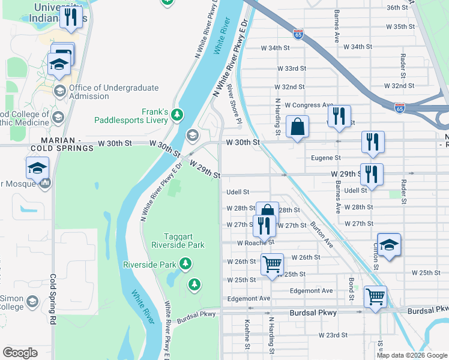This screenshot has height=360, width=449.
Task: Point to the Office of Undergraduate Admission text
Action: [x=114, y=92]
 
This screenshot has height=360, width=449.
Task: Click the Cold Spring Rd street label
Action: [x=53, y=299]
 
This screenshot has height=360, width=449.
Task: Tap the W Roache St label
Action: [x=255, y=243]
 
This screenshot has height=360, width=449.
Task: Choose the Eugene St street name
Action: [x=326, y=158]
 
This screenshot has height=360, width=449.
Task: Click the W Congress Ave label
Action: [x=309, y=104]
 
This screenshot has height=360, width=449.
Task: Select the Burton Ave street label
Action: [x=321, y=235]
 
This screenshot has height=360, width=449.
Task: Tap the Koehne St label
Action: [x=247, y=334]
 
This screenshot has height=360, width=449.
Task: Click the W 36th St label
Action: [x=401, y=8]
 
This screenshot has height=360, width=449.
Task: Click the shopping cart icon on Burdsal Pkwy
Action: [x=376, y=297]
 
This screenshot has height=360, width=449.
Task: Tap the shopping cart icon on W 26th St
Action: [x=272, y=265]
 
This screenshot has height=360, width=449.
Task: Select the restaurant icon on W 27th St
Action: [x=264, y=226]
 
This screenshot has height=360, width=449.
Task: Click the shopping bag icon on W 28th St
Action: [x=268, y=212]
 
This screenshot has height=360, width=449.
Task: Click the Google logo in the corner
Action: [x=20, y=353]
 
